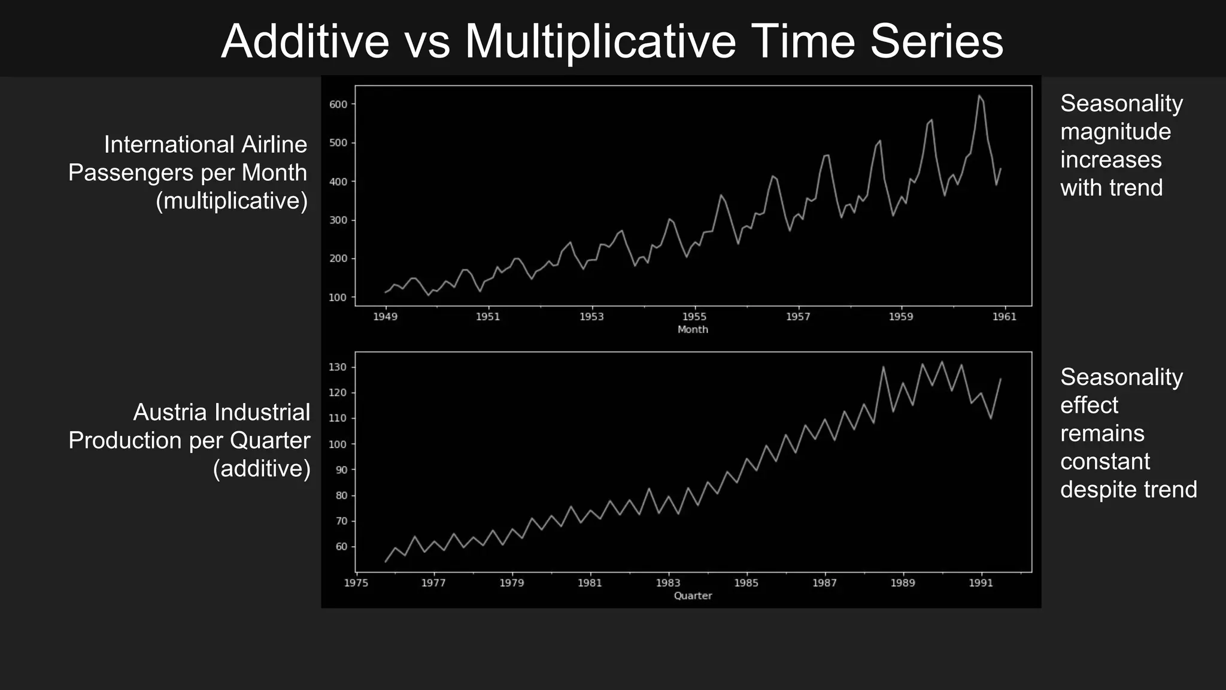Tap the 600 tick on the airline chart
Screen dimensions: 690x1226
[338, 104]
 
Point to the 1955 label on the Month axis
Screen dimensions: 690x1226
[694, 317]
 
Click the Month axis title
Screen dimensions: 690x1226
[693, 329]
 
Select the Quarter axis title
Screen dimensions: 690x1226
[693, 595]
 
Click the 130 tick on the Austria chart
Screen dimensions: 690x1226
[338, 367]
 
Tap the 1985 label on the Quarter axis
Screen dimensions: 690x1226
[746, 583]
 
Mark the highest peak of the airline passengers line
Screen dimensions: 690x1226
[979, 96]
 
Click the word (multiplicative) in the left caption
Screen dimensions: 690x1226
[232, 201]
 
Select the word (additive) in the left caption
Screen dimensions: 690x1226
[262, 468]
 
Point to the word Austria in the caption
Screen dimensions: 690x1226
[170, 412]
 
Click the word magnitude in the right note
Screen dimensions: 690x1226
[1115, 132]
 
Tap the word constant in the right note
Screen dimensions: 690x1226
[1105, 461]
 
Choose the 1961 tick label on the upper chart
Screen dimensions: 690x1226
[1005, 317]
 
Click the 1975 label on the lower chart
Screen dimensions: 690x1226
[356, 583]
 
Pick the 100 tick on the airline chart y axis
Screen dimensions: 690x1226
[338, 298]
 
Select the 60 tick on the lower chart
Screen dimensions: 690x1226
[341, 547]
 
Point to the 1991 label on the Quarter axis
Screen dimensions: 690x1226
[981, 583]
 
